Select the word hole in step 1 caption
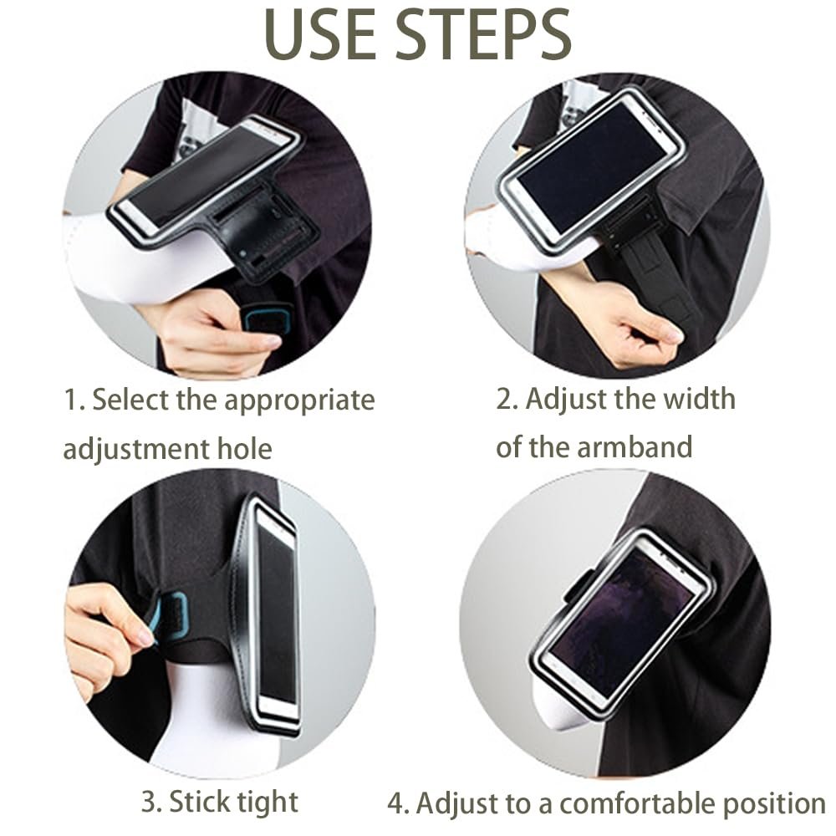tap(245, 448)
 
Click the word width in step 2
tap(699, 399)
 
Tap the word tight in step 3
tap(268, 803)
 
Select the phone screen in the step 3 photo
tap(276, 609)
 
